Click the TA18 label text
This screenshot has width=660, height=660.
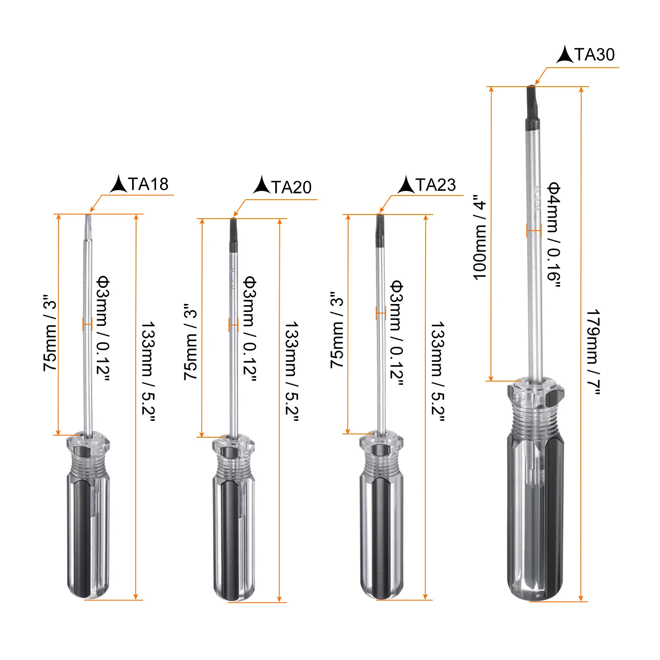(148, 184)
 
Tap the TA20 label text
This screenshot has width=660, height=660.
(291, 187)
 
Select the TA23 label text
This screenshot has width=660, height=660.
(436, 185)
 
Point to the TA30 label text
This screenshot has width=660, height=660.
(594, 54)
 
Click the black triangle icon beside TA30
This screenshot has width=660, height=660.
(565, 55)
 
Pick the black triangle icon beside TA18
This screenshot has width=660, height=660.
(119, 184)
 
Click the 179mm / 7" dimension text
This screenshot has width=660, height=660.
(594, 352)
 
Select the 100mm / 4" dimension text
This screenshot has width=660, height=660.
(479, 238)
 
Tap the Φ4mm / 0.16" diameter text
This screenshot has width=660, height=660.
(554, 234)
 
